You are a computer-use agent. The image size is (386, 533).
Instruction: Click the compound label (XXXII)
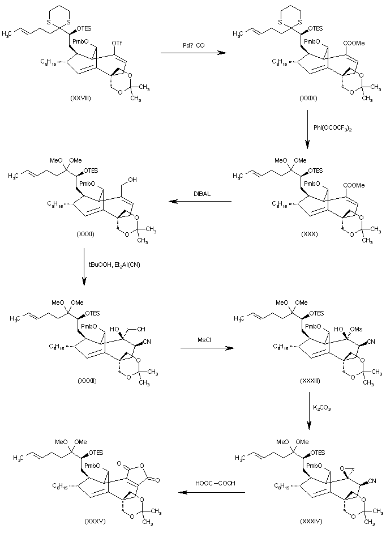point(87,380)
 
